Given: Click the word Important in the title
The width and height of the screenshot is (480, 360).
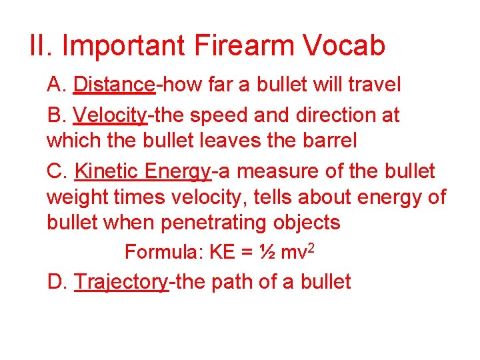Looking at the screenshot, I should (x=124, y=46).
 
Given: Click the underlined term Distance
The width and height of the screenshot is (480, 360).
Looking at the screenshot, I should (x=114, y=85).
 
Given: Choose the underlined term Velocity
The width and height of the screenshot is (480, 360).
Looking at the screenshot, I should (x=110, y=115).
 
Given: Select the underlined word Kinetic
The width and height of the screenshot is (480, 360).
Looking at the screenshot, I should (x=107, y=171).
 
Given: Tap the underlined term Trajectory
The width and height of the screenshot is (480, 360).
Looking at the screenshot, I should (x=121, y=281).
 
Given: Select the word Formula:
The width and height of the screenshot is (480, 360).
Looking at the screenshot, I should (x=164, y=252).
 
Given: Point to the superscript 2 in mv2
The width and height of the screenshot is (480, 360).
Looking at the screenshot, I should (x=313, y=249).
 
